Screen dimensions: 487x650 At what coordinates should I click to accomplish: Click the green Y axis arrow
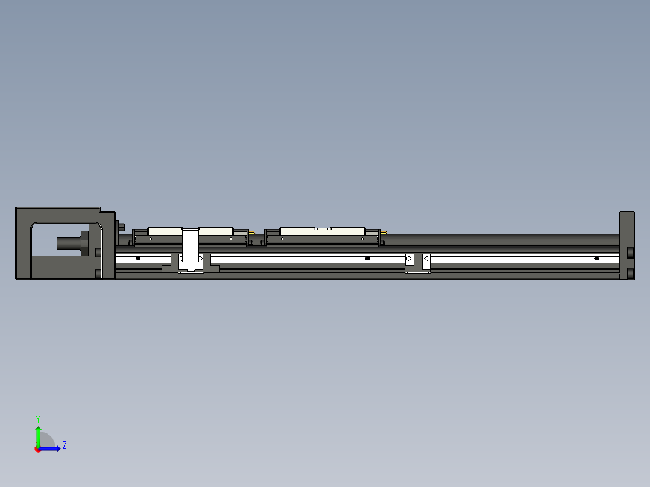38,435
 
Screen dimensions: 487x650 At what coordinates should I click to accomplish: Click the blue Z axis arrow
52,448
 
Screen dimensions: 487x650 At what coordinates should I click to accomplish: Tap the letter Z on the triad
64,445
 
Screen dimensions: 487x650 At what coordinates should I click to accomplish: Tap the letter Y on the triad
38,418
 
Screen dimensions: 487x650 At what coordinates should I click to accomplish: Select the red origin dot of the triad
38,449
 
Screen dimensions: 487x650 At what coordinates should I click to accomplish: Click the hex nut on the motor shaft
84,243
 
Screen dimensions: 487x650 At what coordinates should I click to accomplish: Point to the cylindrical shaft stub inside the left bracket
68,243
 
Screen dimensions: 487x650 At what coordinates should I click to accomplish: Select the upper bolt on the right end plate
630,251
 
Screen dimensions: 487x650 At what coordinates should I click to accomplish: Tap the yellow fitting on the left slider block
251,233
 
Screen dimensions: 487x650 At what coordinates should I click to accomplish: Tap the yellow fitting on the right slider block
383,233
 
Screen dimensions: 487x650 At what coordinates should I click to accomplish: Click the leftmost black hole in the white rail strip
138,259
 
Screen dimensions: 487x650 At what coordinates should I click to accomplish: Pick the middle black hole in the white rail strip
367,259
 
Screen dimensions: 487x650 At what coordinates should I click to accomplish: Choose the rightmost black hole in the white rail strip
596,259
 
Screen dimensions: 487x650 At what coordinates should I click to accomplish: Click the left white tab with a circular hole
409,260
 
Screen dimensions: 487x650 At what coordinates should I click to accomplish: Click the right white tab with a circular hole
426,260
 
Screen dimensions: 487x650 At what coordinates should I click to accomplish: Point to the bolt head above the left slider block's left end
122,227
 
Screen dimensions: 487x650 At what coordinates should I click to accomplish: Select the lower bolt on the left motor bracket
98,274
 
